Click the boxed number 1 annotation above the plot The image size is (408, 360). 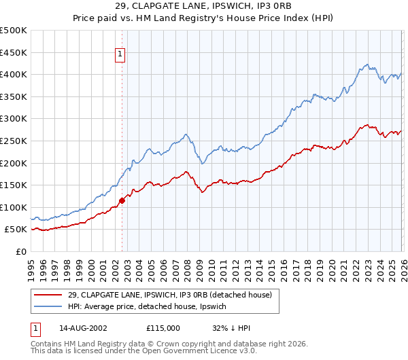[120, 55]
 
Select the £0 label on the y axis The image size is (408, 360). [21, 251]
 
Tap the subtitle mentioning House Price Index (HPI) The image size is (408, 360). [204, 19]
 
